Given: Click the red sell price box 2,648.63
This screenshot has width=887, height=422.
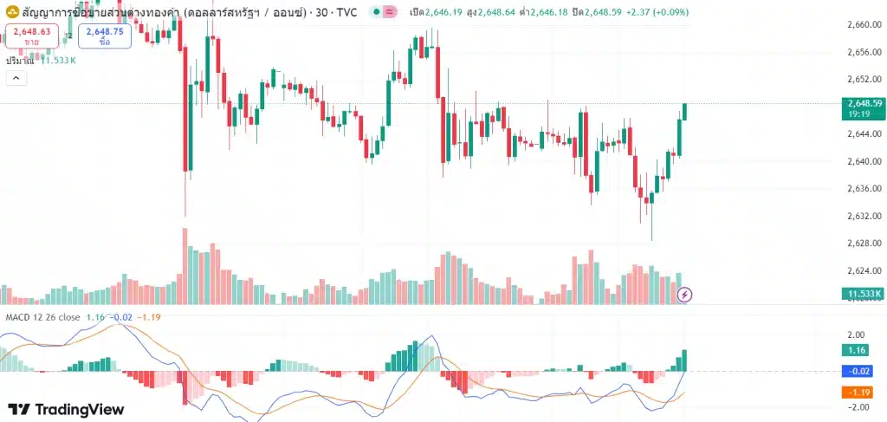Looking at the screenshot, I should (x=32, y=36).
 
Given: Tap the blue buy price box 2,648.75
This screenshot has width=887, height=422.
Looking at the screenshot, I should (x=104, y=36).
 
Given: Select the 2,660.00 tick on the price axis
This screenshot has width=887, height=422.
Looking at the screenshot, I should (x=864, y=24).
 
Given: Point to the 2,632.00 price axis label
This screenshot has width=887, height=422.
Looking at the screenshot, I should (x=864, y=216).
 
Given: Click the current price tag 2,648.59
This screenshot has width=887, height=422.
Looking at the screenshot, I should (x=864, y=107).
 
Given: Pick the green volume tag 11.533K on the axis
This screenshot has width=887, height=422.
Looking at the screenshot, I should (x=864, y=294).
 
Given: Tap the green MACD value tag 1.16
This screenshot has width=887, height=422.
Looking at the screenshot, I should (x=858, y=351).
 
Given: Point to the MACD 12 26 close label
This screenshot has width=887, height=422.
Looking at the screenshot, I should (x=42, y=317).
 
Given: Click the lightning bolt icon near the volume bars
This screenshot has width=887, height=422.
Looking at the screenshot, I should (x=685, y=295).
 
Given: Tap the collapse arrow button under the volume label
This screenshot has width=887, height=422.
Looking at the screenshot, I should (x=16, y=79).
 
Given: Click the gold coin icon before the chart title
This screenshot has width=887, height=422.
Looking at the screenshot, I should (x=12, y=11).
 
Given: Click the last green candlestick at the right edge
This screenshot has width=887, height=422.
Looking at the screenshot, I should (x=685, y=111).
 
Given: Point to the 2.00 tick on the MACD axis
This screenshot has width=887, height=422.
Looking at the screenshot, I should (x=857, y=335).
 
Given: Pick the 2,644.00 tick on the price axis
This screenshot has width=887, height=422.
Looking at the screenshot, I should (x=864, y=133).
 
